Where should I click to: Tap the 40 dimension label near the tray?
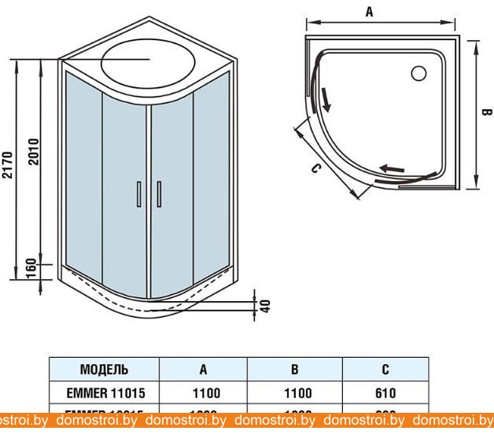click(x=265, y=304)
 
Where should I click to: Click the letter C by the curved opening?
click(x=315, y=167)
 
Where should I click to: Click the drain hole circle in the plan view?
click(x=418, y=73)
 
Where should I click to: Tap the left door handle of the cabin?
click(x=138, y=194)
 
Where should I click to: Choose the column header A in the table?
click(x=203, y=370)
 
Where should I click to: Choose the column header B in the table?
click(x=294, y=370)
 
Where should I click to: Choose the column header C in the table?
click(x=385, y=370)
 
